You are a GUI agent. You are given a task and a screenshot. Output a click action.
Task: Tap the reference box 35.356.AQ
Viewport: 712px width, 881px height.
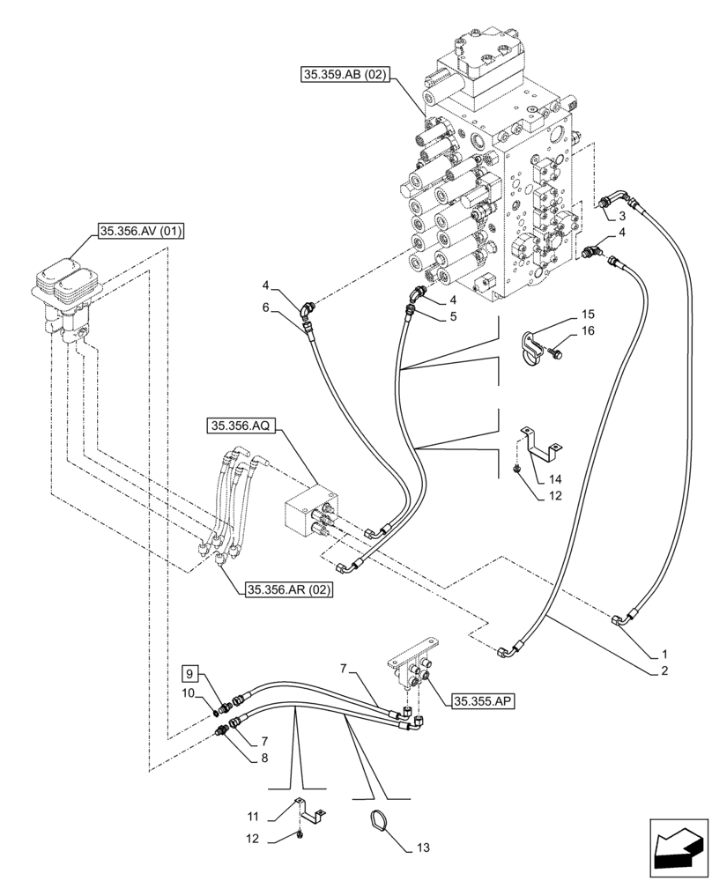[242, 426]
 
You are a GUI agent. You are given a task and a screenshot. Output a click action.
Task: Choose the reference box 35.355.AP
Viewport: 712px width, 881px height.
[483, 701]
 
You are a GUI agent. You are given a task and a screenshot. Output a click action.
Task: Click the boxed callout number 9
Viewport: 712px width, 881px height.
[191, 675]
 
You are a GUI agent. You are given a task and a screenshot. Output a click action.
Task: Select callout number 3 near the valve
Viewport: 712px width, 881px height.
[623, 216]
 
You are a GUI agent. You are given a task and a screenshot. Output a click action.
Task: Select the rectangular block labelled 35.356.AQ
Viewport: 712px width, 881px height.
[307, 511]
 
